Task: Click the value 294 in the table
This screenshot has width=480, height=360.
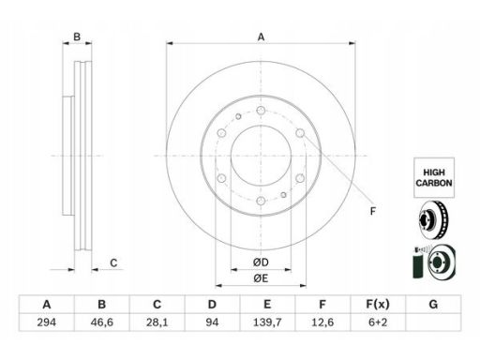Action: (x=47, y=322)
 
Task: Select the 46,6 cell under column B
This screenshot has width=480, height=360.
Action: (x=101, y=322)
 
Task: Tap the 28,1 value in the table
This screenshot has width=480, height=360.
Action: (x=157, y=322)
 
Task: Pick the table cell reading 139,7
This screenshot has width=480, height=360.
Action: (x=267, y=322)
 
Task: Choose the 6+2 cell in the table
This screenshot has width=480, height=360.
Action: (x=378, y=322)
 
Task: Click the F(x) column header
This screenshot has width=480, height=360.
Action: (x=378, y=304)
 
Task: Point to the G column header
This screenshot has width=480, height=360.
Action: (x=433, y=304)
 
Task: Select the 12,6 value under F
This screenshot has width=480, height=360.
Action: (x=322, y=322)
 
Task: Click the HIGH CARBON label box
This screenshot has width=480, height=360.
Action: (x=434, y=177)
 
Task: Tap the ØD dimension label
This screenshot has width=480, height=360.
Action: (x=261, y=262)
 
